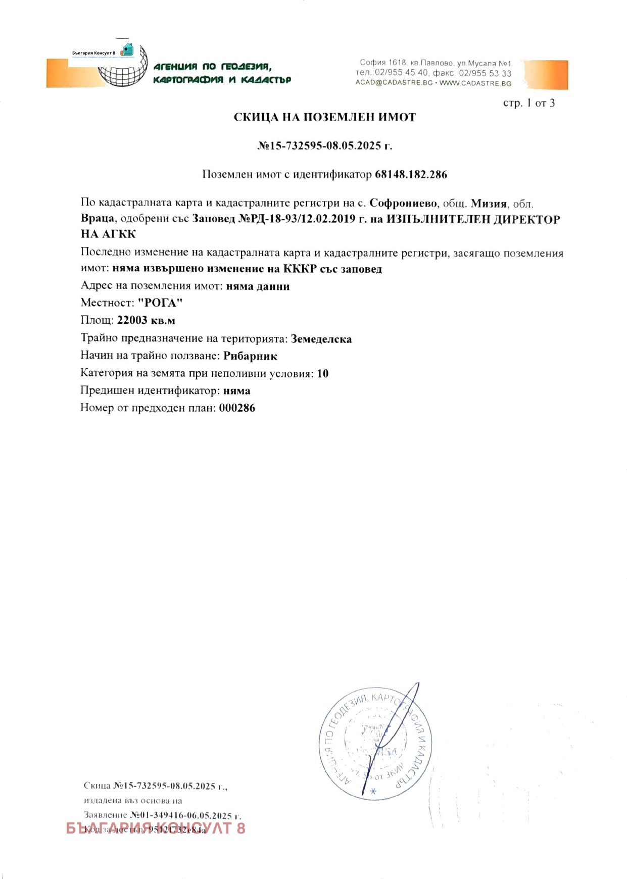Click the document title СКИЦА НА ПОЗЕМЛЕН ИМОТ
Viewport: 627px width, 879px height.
[324, 117]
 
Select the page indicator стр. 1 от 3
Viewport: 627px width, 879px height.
[528, 103]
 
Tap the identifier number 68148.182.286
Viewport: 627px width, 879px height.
[411, 175]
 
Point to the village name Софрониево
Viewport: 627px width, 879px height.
[403, 204]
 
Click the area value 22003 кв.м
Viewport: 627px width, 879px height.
[146, 320]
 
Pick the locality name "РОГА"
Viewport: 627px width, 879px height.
[160, 303]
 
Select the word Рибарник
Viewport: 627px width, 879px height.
[250, 356]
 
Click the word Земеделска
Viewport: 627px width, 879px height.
[321, 339]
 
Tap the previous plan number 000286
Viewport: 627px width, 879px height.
[237, 408]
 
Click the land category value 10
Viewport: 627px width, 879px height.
[322, 374]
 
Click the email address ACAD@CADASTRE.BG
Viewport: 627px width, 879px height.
[394, 83]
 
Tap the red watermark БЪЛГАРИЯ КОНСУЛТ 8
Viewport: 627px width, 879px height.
[155, 828]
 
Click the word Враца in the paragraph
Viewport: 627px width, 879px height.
[97, 219]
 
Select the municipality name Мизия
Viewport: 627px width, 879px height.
[489, 204]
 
